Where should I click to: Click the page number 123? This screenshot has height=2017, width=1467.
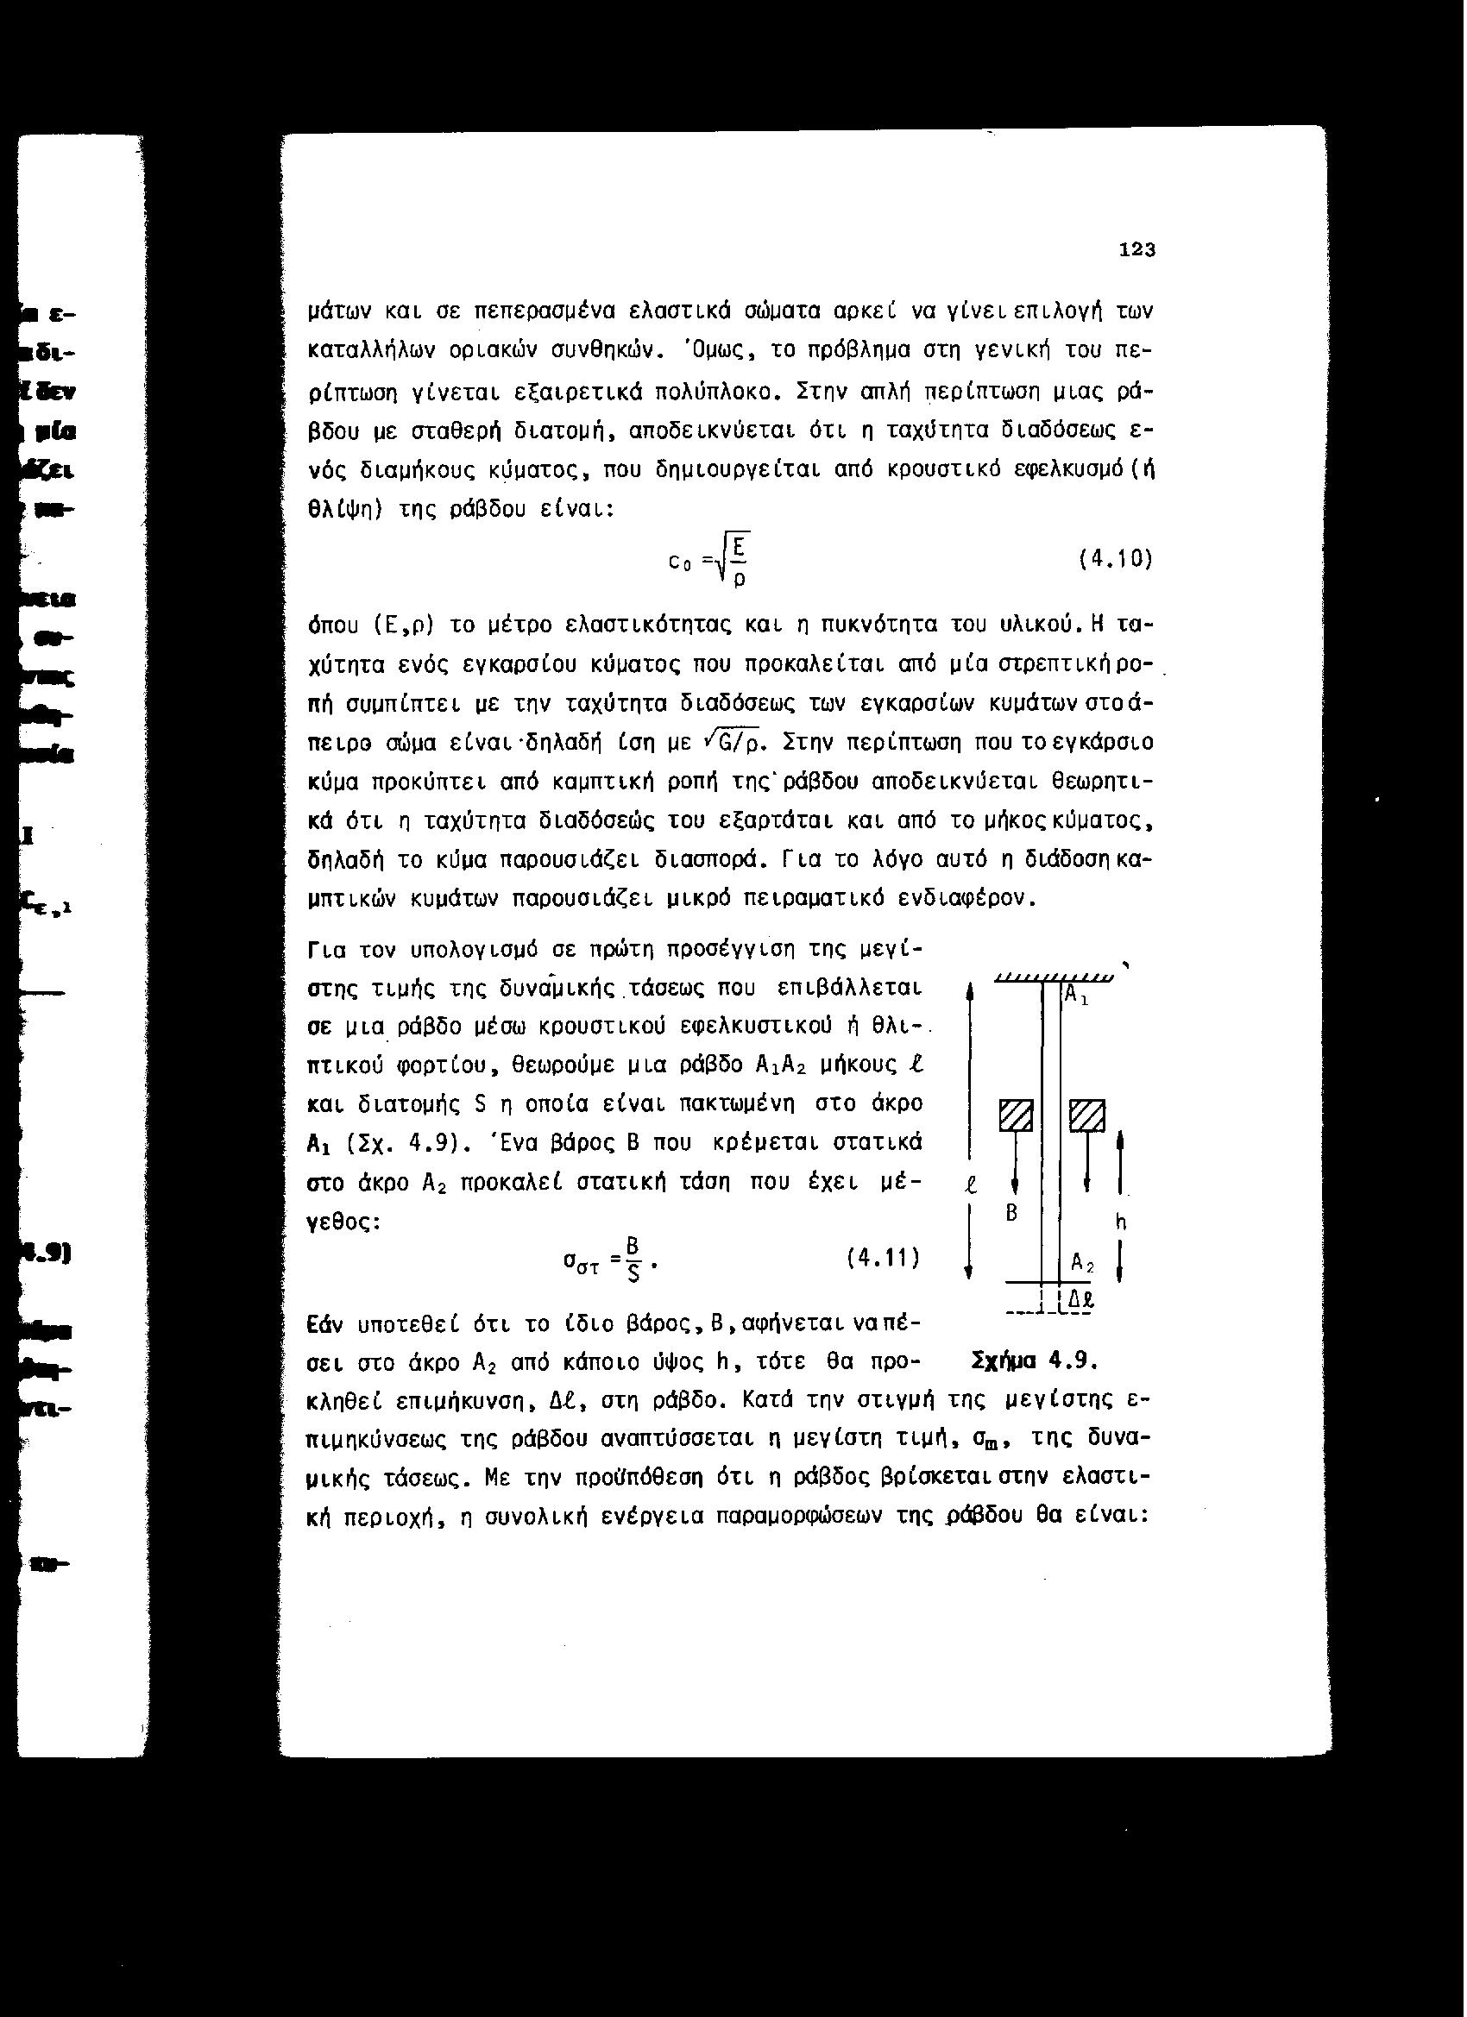click(1137, 251)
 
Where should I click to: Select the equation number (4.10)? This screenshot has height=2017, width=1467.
click(1115, 559)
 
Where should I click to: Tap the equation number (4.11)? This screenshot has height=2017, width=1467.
click(881, 1259)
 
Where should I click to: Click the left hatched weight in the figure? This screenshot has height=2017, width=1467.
click(1015, 1115)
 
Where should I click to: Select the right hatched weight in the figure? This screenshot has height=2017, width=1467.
click(1086, 1115)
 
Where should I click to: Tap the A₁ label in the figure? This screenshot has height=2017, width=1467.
click(1077, 995)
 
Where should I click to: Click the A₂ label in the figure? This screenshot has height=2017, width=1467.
click(1081, 1263)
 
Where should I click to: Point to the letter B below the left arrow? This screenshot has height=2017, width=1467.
click(1011, 1213)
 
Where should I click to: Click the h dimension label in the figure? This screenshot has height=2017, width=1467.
click(1121, 1223)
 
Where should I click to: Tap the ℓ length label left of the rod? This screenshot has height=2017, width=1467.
click(972, 1184)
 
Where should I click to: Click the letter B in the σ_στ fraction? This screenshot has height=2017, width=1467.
click(633, 1244)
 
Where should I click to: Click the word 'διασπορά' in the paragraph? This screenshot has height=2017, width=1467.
click(706, 860)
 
